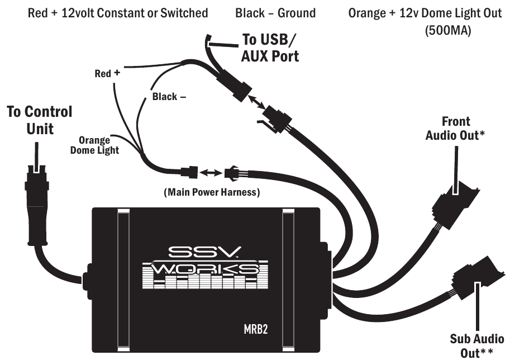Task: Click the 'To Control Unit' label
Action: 39,120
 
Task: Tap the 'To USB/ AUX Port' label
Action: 270,48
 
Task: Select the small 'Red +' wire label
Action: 107,73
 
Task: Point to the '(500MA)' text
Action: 449,31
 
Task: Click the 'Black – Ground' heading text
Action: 275,12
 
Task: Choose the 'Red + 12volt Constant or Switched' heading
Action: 118,12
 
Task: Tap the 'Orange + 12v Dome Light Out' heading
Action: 425,12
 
